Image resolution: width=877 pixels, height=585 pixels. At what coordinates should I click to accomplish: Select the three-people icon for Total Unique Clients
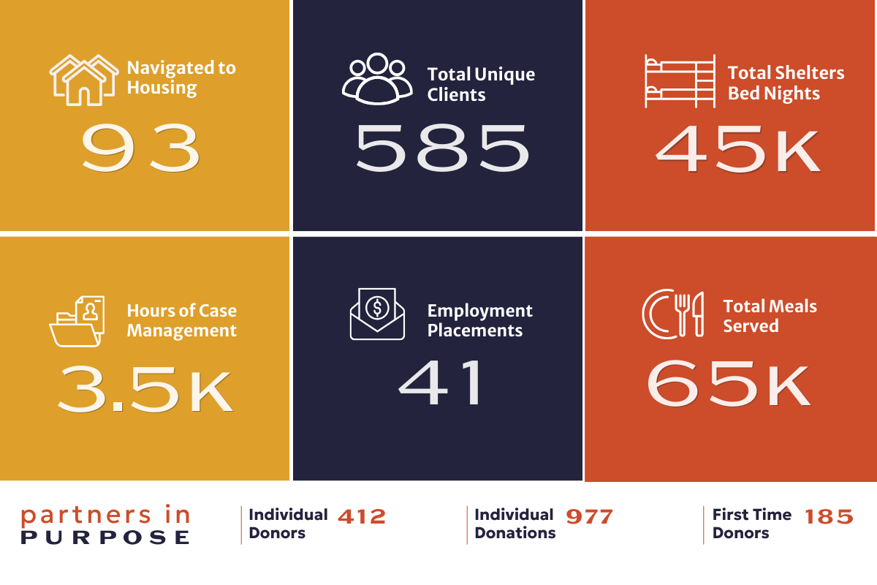point(376,78)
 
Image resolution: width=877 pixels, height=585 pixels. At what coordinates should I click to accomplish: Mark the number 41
point(441,383)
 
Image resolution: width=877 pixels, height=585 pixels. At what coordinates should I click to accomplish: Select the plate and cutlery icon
point(672,314)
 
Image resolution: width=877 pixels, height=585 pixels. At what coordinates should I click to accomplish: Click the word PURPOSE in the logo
point(105,537)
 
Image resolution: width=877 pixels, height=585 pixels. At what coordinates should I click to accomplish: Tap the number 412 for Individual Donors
point(362,517)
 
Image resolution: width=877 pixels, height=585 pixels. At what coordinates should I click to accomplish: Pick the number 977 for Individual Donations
point(589,517)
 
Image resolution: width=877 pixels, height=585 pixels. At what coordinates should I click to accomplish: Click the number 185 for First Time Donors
point(829,517)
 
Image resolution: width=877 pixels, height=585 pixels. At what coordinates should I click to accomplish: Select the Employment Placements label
point(479,320)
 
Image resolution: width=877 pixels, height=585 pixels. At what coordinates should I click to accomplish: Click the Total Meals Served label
point(770,316)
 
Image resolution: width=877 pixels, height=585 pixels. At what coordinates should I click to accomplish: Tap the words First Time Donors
point(751,524)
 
